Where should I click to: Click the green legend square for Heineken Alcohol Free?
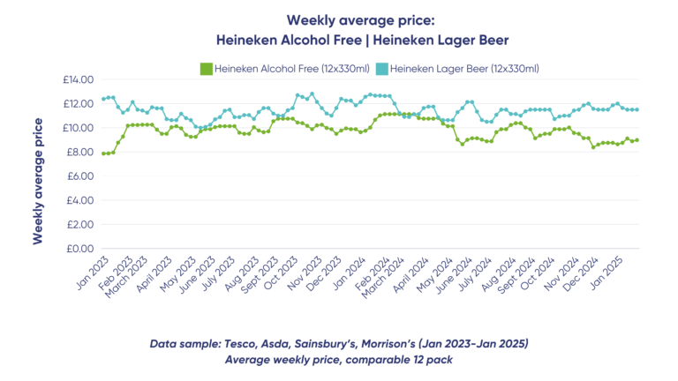[207, 68]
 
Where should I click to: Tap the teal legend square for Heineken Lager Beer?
[381, 68]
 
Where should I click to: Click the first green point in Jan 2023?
[103, 153]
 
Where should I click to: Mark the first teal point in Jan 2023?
[103, 99]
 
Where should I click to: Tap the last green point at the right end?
[637, 140]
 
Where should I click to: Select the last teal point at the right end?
[637, 109]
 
